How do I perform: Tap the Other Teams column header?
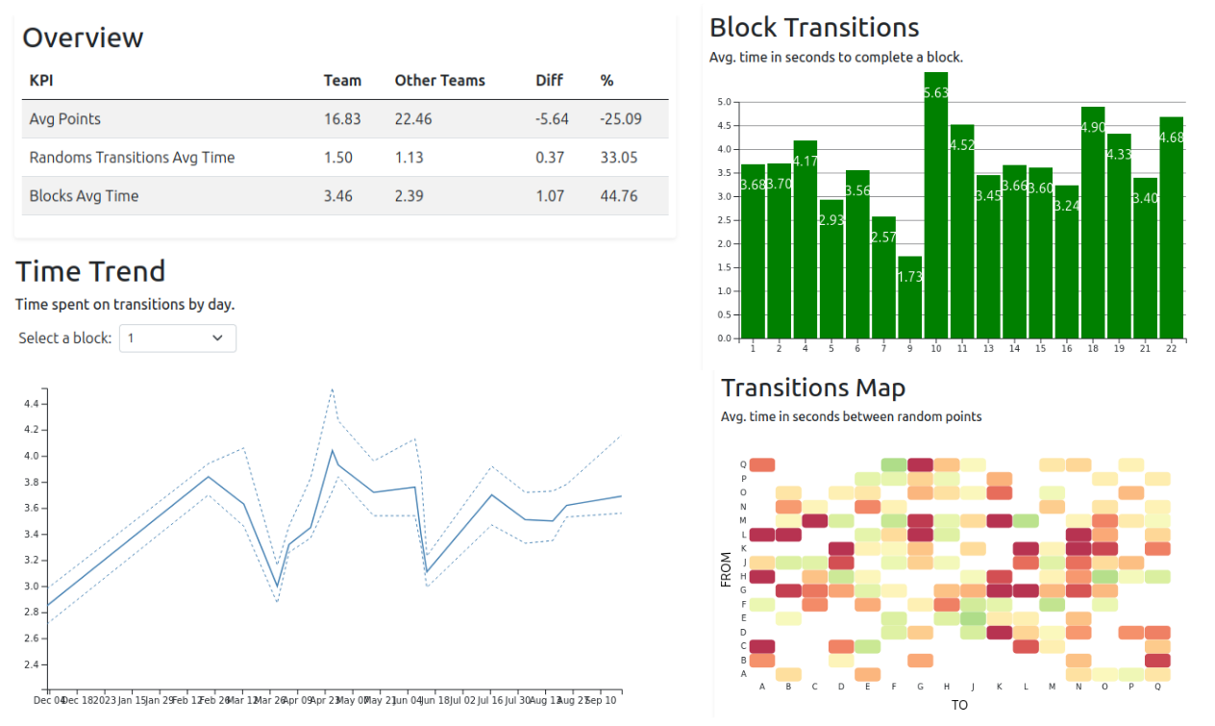click(x=439, y=81)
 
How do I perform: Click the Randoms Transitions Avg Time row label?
click(x=132, y=158)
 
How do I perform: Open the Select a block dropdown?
click(x=177, y=338)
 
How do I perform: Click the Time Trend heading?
click(x=90, y=271)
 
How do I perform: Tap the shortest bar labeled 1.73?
click(x=910, y=297)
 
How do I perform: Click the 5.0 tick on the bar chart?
click(x=724, y=102)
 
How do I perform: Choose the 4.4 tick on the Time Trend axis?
click(x=33, y=404)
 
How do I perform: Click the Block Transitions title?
click(x=814, y=27)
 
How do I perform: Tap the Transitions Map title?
click(x=812, y=388)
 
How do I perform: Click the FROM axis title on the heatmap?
click(x=727, y=568)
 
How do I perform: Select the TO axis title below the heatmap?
click(x=959, y=705)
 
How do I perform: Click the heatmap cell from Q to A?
click(x=762, y=464)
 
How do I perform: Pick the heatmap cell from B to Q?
click(x=1157, y=661)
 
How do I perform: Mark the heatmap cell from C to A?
click(x=762, y=646)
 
